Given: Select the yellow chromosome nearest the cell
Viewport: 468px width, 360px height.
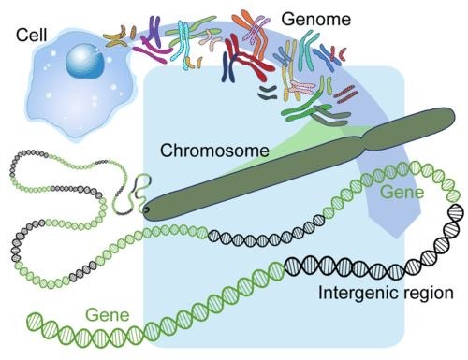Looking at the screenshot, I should [119, 37].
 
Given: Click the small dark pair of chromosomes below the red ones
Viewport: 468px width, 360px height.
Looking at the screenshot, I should [268, 91].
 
